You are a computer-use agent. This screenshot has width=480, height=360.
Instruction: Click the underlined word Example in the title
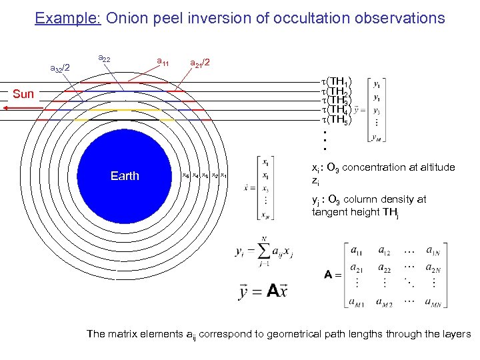pyautogui.click(x=67, y=18)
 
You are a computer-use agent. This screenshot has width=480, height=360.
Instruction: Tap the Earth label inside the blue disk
pyautogui.click(x=125, y=176)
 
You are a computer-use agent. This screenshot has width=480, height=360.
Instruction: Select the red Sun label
pyautogui.click(x=23, y=94)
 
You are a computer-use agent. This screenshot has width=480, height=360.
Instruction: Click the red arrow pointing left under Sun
pyautogui.click(x=20, y=105)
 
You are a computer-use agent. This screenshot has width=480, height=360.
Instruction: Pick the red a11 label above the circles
pyautogui.click(x=162, y=63)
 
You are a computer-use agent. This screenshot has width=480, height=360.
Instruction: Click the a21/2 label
pyautogui.click(x=200, y=63)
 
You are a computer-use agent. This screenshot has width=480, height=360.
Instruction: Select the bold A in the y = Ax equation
pyautogui.click(x=273, y=291)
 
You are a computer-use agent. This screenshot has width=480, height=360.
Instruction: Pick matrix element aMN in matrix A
pyautogui.click(x=433, y=302)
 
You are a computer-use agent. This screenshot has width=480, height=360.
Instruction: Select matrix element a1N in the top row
pyautogui.click(x=433, y=251)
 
